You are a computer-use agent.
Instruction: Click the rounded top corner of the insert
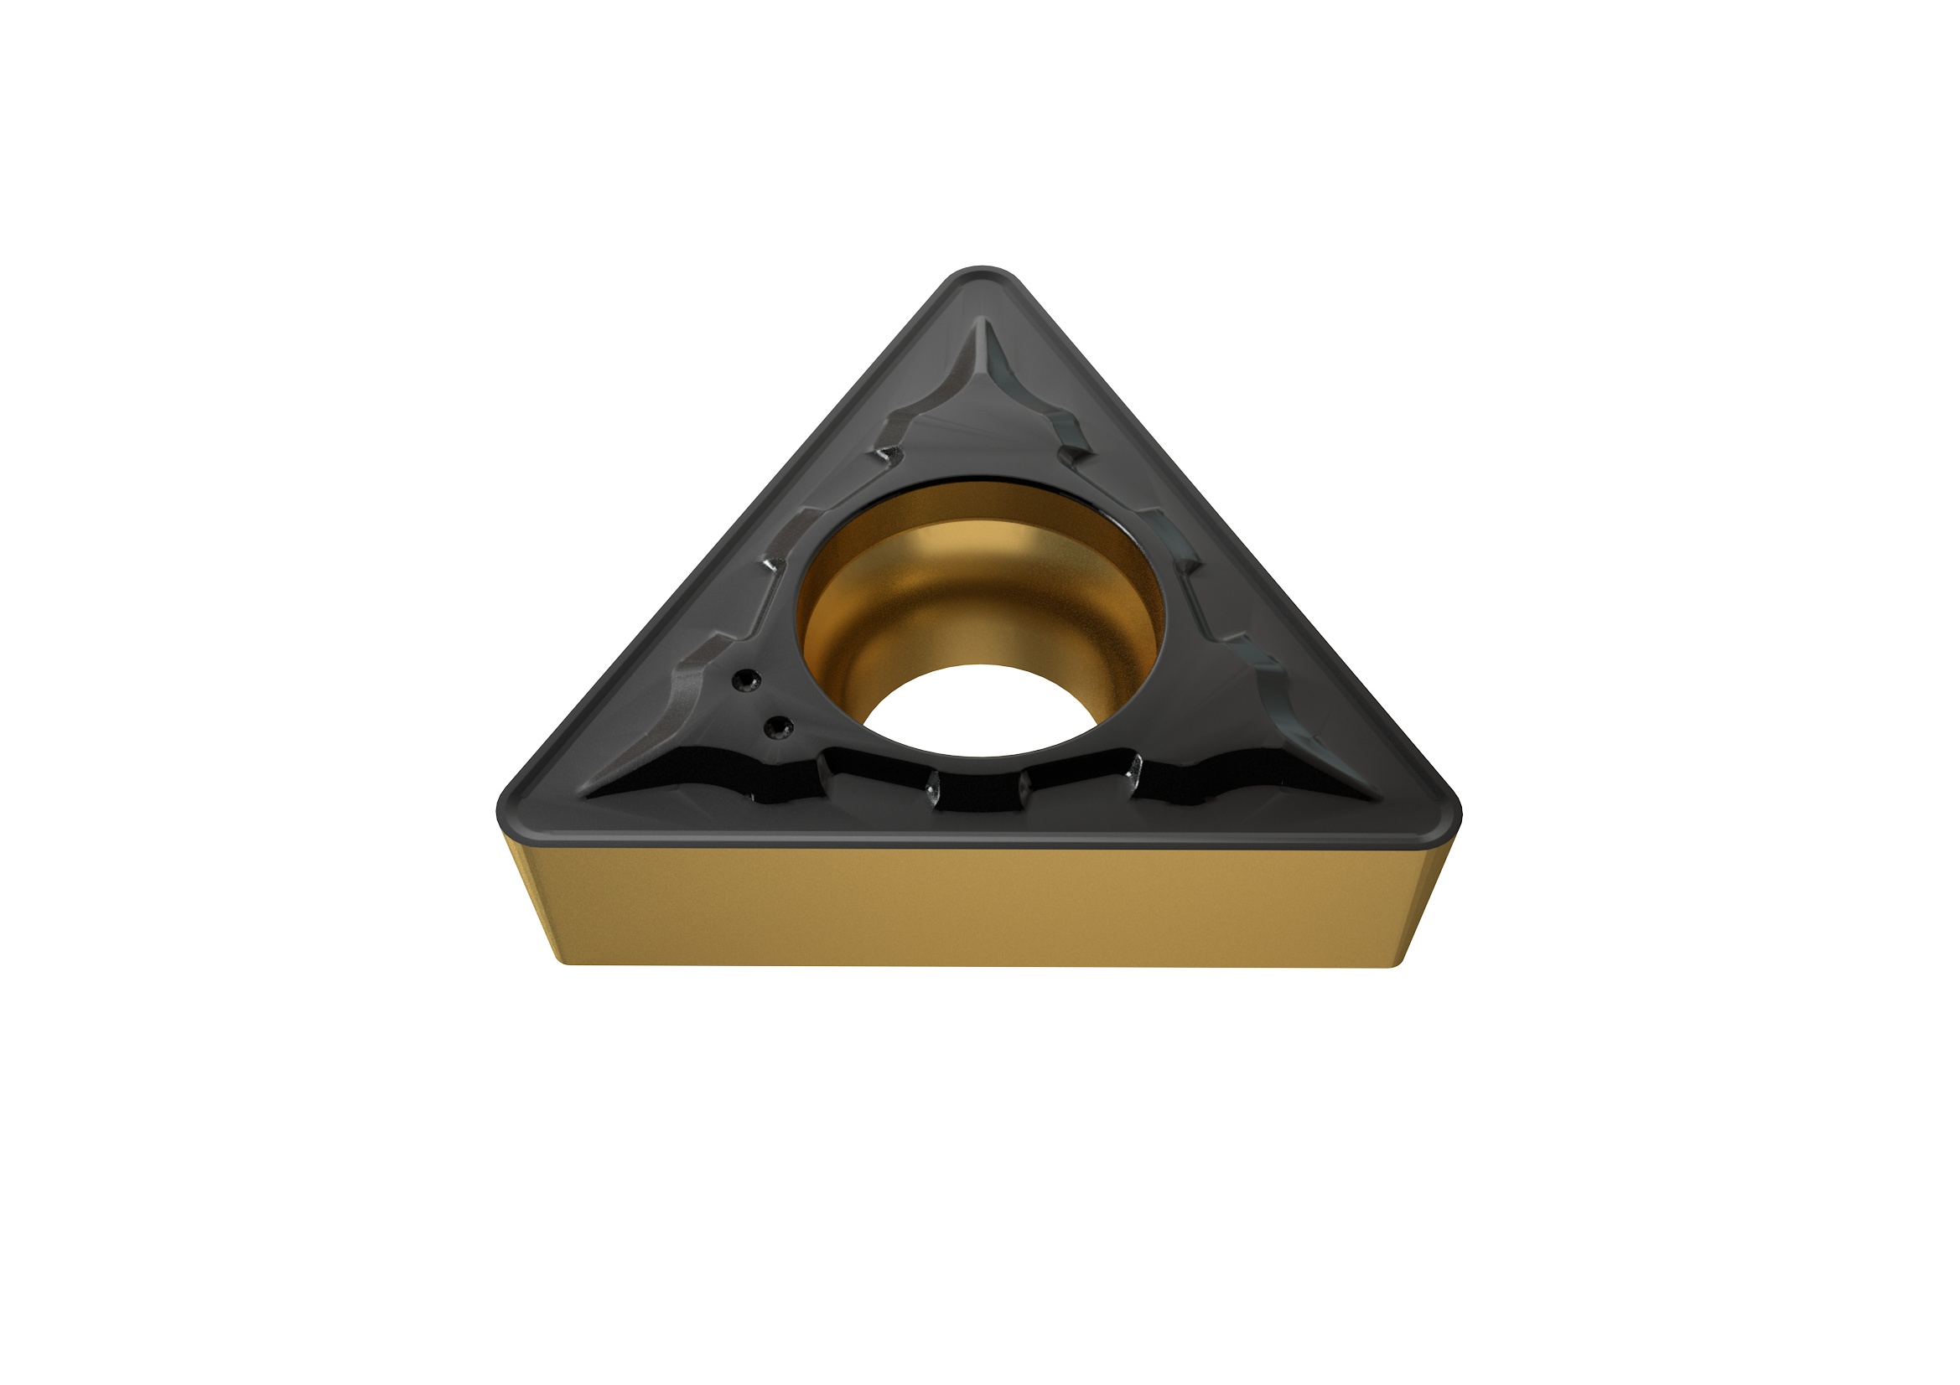click(981, 278)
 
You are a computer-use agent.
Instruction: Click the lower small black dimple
click(777, 727)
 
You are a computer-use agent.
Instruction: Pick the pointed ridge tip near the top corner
click(982, 324)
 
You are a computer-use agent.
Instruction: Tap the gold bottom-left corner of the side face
click(563, 959)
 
